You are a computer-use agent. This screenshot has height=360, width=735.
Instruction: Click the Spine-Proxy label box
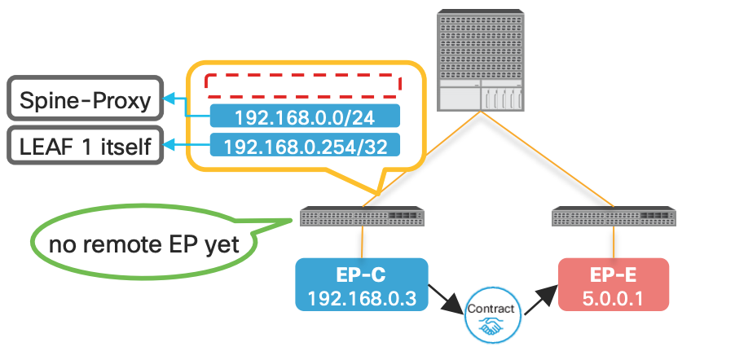(x=86, y=101)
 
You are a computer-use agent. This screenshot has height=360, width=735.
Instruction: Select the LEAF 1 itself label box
(x=86, y=147)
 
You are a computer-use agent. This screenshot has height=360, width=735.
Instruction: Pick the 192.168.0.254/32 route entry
(x=304, y=147)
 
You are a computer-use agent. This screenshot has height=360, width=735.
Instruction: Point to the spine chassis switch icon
(x=481, y=61)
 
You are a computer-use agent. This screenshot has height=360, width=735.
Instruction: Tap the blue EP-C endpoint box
(x=360, y=284)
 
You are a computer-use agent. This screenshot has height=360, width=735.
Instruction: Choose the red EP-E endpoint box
(x=613, y=284)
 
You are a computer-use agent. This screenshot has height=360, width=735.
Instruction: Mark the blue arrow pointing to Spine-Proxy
(x=183, y=104)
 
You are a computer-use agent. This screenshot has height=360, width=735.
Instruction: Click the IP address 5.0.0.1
(x=613, y=297)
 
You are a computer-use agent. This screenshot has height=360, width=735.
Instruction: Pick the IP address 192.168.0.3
(x=360, y=297)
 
